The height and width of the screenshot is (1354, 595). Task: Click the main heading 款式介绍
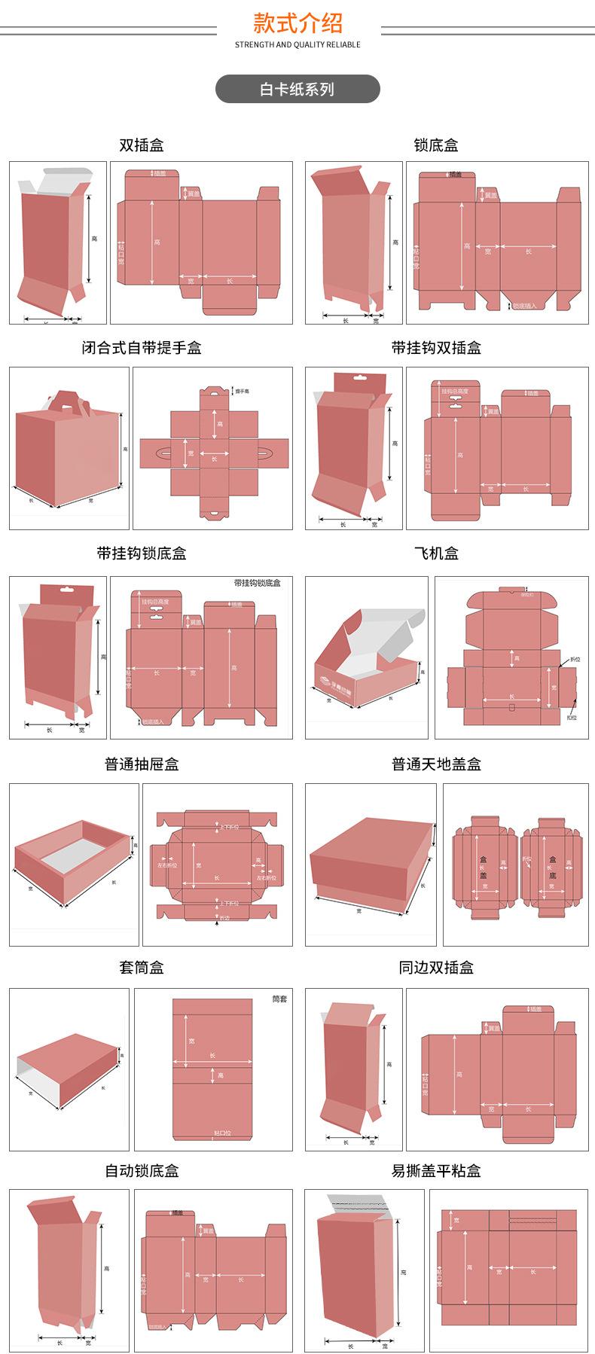(x=297, y=23)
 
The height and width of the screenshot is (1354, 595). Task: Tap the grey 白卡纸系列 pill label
(x=297, y=89)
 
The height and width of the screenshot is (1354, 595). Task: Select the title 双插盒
(x=142, y=145)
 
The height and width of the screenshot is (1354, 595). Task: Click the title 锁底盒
(x=436, y=145)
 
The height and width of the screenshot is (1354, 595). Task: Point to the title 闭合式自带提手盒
(x=142, y=348)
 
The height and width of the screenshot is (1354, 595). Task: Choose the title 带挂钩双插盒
(x=436, y=348)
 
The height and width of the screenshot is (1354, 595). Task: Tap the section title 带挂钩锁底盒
(x=142, y=553)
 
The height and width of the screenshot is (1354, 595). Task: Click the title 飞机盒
(x=436, y=553)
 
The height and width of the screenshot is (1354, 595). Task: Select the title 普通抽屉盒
(x=142, y=764)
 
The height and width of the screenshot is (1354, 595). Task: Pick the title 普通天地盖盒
(x=436, y=764)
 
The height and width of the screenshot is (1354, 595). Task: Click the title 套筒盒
(x=142, y=968)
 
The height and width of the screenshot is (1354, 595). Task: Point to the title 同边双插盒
(x=436, y=968)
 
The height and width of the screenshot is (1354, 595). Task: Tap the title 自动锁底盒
(x=142, y=1171)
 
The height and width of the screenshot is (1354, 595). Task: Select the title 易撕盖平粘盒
(x=436, y=1171)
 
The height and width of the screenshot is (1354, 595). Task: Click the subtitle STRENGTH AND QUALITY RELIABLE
(x=297, y=45)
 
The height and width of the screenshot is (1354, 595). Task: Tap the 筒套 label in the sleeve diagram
(x=279, y=999)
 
